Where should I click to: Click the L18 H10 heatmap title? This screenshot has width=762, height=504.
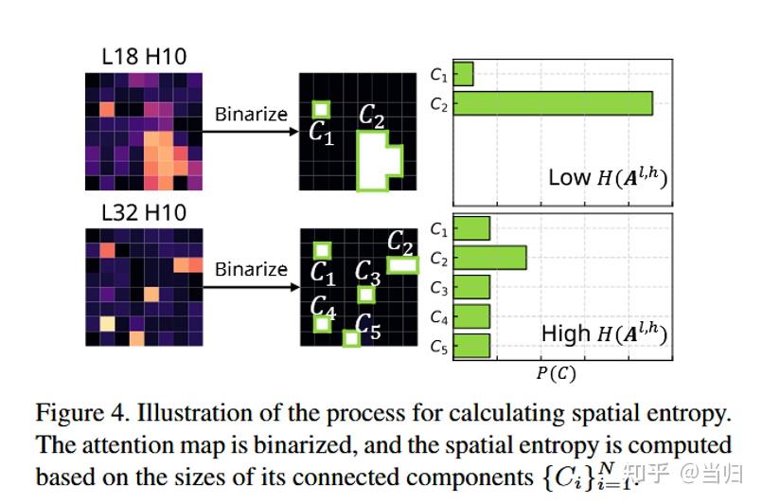pyautogui.click(x=143, y=57)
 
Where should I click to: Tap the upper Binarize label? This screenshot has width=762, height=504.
pyautogui.click(x=251, y=114)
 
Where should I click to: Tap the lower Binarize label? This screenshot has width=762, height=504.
pyautogui.click(x=251, y=269)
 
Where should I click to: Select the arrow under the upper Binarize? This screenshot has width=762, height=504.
pyautogui.click(x=251, y=132)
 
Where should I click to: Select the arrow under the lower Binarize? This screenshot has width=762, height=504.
pyautogui.click(x=251, y=287)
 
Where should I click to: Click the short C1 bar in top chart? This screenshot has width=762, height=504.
pyautogui.click(x=464, y=74)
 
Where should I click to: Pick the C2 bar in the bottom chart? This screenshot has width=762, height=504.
pyautogui.click(x=490, y=258)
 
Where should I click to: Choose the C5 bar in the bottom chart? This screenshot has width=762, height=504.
pyautogui.click(x=472, y=346)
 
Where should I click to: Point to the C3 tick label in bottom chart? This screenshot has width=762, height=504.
pyautogui.click(x=438, y=288)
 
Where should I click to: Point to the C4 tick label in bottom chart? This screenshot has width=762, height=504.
pyautogui.click(x=438, y=317)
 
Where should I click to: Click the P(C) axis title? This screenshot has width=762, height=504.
pyautogui.click(x=556, y=373)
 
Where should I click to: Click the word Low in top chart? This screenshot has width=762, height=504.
pyautogui.click(x=569, y=177)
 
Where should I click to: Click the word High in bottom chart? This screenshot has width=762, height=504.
pyautogui.click(x=565, y=333)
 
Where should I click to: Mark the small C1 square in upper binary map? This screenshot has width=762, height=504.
pyautogui.click(x=322, y=109)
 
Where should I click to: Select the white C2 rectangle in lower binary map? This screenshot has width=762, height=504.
pyautogui.click(x=402, y=266)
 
